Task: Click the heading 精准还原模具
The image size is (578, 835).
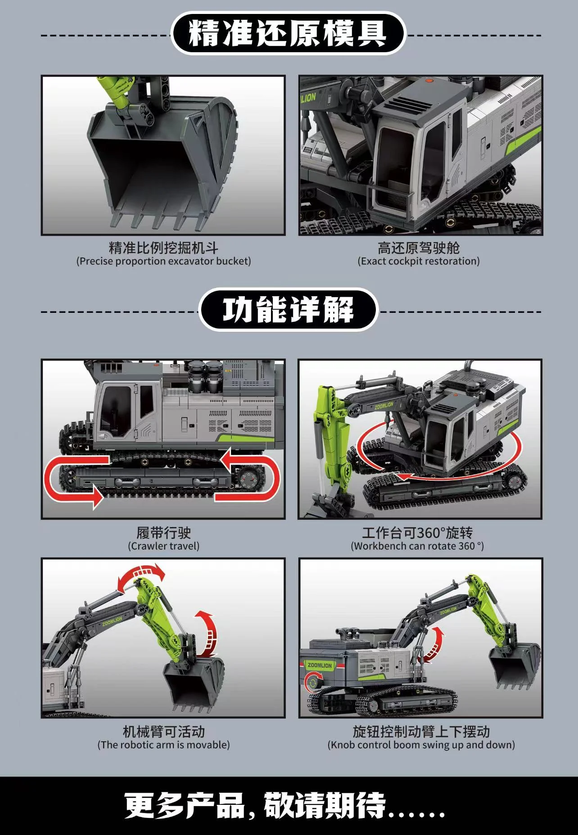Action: [288, 34]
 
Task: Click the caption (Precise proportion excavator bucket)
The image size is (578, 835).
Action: [163, 261]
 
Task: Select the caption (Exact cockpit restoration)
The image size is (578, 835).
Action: [419, 261]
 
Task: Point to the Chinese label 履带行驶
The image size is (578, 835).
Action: [163, 533]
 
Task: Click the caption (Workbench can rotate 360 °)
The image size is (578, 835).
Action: [417, 546]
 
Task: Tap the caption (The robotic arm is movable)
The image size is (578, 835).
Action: [163, 745]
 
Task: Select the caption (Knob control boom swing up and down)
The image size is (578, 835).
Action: [421, 745]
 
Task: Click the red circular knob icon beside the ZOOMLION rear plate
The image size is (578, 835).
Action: [312, 682]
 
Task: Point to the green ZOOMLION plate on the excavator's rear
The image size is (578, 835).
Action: [320, 665]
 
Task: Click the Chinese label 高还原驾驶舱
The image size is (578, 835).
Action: [419, 248]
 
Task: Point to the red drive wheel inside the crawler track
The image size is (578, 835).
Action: [247, 478]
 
